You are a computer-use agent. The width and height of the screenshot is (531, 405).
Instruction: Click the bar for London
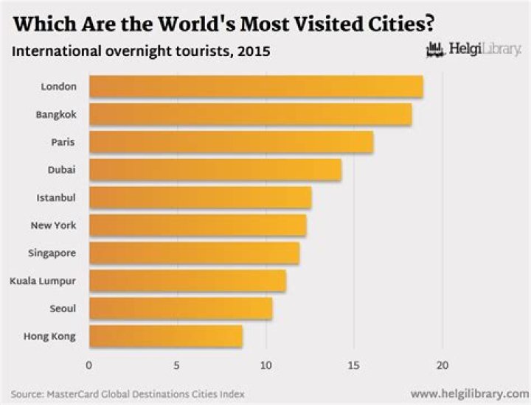[256, 87]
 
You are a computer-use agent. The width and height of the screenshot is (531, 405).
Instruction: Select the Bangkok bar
[250, 115]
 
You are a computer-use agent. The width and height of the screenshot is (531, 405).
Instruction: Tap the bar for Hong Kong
[165, 337]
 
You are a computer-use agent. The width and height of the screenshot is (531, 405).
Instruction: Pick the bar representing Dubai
[215, 170]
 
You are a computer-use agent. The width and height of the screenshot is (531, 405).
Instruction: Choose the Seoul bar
[181, 309]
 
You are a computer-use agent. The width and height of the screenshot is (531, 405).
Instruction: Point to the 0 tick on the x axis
[89, 364]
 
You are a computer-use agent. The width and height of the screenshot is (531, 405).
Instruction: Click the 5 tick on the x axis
[177, 364]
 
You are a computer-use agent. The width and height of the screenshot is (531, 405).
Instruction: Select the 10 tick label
[265, 364]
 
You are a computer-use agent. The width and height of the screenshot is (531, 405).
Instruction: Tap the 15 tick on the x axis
[354, 364]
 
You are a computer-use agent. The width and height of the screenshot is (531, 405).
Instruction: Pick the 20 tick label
[442, 364]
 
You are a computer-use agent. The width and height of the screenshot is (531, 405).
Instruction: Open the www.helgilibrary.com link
[469, 393]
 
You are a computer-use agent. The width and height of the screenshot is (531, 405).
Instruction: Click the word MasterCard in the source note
[78, 394]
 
